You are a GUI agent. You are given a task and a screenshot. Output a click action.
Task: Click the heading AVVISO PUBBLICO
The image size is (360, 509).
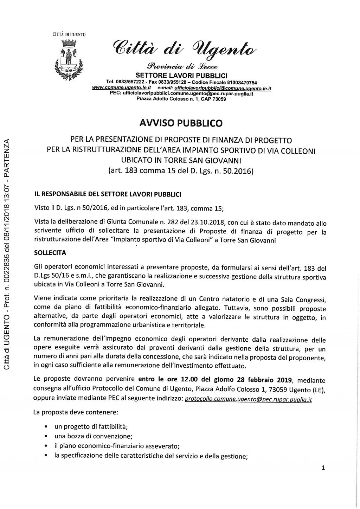[x=181, y=123]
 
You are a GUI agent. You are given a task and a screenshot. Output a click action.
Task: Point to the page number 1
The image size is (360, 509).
[x=323, y=468]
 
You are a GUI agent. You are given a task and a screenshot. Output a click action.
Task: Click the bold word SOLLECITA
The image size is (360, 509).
[x=51, y=253]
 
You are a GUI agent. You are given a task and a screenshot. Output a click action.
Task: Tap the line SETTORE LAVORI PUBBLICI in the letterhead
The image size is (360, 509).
[x=181, y=75]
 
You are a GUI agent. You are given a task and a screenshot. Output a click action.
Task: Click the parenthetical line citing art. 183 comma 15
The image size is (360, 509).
[x=181, y=172]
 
